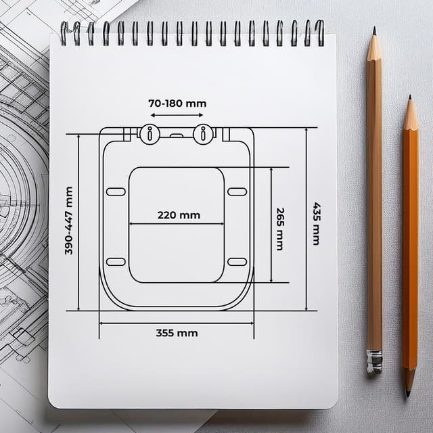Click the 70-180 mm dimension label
(x=177, y=104)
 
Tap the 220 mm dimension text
(x=179, y=215)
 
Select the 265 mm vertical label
(x=280, y=229)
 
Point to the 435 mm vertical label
(x=316, y=224)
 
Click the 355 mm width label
(x=177, y=333)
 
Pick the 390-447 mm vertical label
(x=69, y=221)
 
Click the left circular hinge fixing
(x=150, y=134)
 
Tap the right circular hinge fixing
(x=203, y=134)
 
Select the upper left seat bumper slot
(x=116, y=191)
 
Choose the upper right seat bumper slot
(x=237, y=191)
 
